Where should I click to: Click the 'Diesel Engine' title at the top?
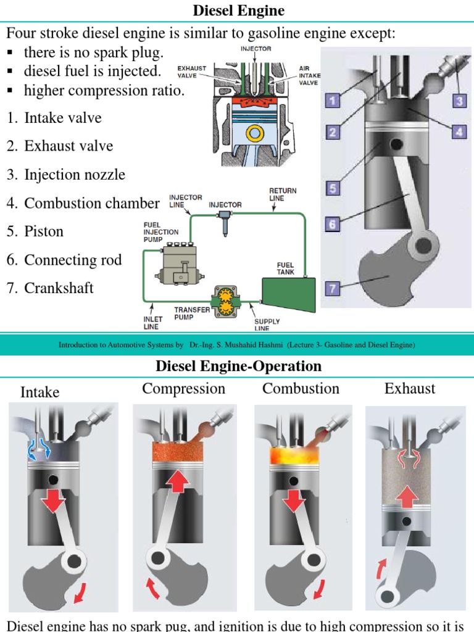[x=238, y=10]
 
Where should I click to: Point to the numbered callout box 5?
[x=333, y=188]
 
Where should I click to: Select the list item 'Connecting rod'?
[x=73, y=260]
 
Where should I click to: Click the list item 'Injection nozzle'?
[x=74, y=175]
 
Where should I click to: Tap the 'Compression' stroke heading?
[x=183, y=389]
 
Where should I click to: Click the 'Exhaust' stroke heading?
[x=409, y=389]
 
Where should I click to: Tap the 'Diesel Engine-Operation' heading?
[x=238, y=366]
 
